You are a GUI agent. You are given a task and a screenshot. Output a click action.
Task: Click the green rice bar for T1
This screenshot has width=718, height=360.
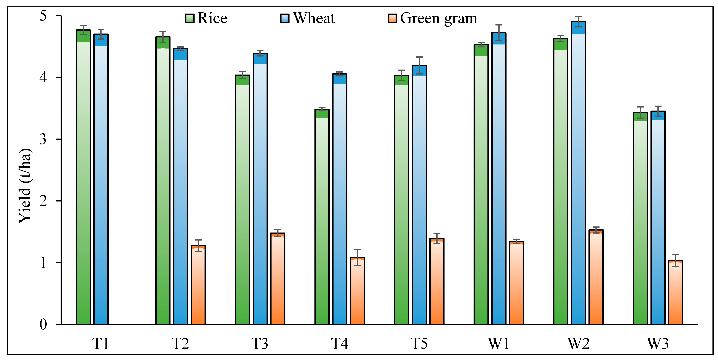point(83,178)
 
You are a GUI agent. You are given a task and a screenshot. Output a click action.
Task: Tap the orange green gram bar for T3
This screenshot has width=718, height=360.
point(278,279)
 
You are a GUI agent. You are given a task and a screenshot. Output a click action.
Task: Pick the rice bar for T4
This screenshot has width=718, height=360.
point(322,218)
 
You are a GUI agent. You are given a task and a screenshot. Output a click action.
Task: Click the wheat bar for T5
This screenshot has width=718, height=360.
point(419,195)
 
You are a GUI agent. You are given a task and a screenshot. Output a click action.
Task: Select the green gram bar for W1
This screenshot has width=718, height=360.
point(516,283)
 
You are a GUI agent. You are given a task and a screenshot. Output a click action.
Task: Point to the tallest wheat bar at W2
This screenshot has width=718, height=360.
point(578,173)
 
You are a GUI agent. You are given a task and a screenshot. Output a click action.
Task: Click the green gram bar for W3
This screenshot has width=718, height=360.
point(676,293)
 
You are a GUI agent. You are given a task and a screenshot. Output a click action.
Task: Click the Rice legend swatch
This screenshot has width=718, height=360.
point(190,18)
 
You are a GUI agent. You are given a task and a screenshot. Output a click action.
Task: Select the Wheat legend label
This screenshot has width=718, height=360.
point(314,18)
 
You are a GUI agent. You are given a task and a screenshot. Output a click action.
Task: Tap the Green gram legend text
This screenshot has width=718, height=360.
point(438,18)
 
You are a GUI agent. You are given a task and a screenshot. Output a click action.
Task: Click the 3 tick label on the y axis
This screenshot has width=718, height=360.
point(43,139)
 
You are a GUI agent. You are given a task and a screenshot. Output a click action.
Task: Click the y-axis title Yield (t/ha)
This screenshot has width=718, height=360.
point(25,185)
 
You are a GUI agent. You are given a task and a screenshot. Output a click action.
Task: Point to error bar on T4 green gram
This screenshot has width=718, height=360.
point(357,257)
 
